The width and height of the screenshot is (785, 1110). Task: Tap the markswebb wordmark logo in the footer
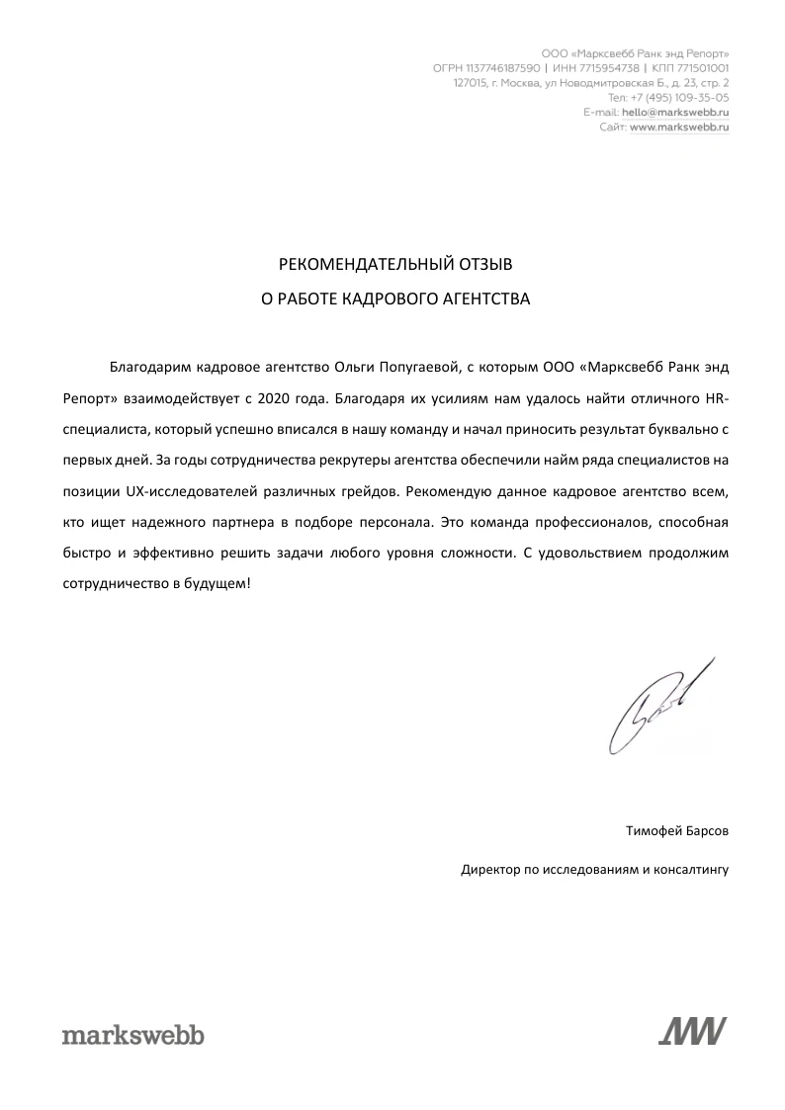(x=132, y=1035)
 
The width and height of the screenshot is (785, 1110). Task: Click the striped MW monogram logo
(x=692, y=1031)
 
